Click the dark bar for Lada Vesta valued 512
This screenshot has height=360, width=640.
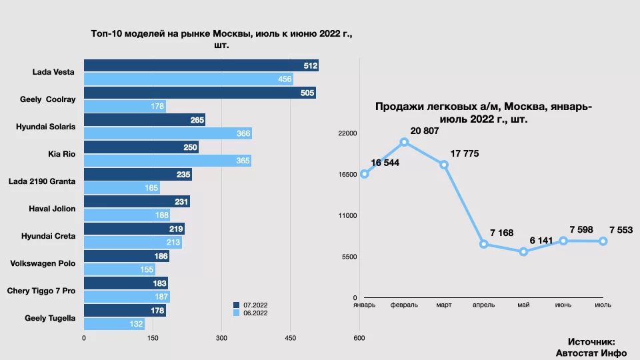pyautogui.click(x=200, y=65)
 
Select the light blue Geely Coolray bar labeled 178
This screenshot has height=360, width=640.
pyautogui.click(x=125, y=107)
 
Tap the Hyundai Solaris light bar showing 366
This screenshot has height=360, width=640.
pyautogui.click(x=167, y=134)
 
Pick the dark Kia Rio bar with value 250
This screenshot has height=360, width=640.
pyautogui.click(x=141, y=147)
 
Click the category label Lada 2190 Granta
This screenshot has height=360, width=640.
pyautogui.click(x=41, y=181)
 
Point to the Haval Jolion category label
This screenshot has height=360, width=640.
pyautogui.click(x=52, y=209)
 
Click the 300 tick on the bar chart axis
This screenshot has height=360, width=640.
pyautogui.click(x=221, y=339)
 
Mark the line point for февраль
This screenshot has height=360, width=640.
pyautogui.click(x=404, y=142)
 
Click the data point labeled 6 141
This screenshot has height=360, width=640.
pyautogui.click(x=523, y=252)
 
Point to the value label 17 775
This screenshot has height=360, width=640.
pyautogui.click(x=464, y=154)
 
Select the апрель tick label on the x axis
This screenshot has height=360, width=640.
pyautogui.click(x=483, y=305)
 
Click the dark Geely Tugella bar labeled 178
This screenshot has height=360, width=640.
pyautogui.click(x=125, y=311)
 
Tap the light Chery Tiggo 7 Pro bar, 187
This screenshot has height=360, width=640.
pyautogui.click(x=127, y=297)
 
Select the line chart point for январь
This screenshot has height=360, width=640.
pyautogui.click(x=364, y=174)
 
